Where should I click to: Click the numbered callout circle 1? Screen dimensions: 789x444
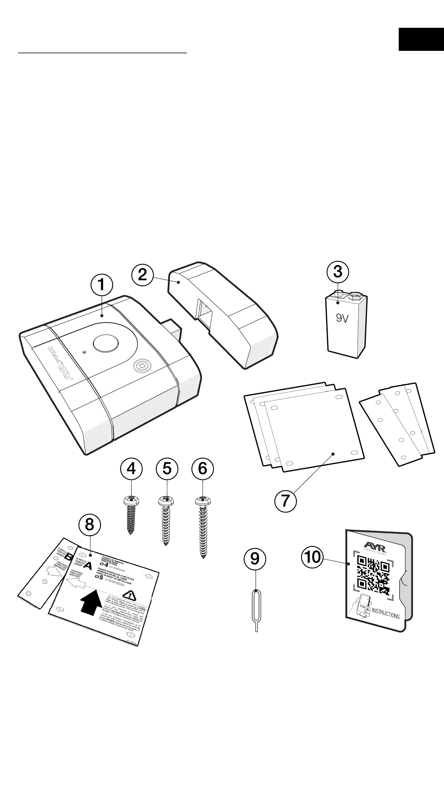[102, 285]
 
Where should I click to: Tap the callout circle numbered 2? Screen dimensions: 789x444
[143, 275]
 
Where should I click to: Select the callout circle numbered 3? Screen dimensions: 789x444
[338, 271]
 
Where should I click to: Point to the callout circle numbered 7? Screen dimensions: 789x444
[285, 501]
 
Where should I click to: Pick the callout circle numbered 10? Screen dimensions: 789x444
[313, 557]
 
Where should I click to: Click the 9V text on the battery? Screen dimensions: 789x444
[342, 318]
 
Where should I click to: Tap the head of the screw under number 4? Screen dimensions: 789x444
[131, 501]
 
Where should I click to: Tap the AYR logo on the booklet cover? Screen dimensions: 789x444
[375, 545]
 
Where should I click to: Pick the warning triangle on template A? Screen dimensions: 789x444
[129, 595]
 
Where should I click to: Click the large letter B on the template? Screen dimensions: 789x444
[69, 556]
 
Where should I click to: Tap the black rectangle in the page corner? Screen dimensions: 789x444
[421, 39]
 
